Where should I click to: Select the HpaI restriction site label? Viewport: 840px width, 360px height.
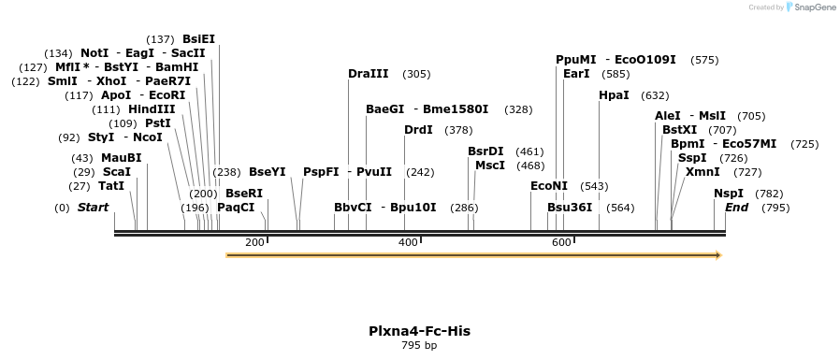[614, 95]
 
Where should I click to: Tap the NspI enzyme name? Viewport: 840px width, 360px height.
[729, 194]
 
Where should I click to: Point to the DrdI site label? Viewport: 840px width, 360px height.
[418, 130]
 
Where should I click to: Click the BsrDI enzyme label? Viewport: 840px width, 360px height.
[485, 151]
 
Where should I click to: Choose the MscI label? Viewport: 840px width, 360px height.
[490, 166]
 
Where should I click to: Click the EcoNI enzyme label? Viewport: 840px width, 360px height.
[549, 186]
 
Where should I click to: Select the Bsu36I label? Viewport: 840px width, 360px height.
[570, 207]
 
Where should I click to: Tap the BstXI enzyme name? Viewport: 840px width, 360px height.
[679, 130]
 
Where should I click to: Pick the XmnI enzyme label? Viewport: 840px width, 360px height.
[702, 172]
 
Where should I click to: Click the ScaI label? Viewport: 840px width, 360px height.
[117, 172]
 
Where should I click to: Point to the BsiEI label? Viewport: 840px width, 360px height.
[198, 39]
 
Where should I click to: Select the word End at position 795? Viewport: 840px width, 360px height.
[736, 207]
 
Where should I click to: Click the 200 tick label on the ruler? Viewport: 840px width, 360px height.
[254, 242]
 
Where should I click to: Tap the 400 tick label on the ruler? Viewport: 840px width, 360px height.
[408, 242]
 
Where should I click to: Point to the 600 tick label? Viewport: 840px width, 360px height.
[561, 242]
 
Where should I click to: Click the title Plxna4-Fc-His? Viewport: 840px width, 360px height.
[419, 331]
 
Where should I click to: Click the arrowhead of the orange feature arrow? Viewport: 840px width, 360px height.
[718, 254]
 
